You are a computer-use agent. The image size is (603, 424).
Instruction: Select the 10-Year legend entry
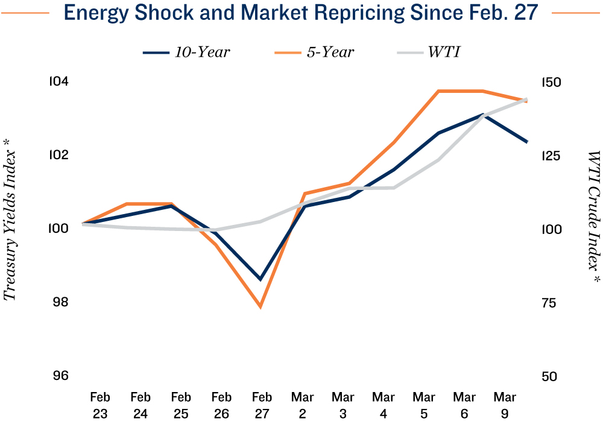tap(186, 52)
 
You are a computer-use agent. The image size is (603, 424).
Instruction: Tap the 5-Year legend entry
tap(314, 52)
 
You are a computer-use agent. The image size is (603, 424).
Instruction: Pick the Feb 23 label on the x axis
tap(100, 405)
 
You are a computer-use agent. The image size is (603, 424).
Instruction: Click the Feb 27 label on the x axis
tap(262, 405)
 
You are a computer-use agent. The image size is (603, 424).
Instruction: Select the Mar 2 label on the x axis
tap(302, 405)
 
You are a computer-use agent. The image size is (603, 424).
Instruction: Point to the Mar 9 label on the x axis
tap(505, 405)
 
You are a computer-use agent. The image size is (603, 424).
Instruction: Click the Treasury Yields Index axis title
tap(10, 228)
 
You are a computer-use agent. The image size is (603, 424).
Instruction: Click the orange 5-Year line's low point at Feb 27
tap(260, 307)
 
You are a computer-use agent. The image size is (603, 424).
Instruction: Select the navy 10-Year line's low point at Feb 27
tap(260, 279)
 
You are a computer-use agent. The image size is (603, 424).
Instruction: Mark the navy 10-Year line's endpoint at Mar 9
tap(527, 142)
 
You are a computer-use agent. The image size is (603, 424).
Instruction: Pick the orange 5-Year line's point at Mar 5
tap(438, 91)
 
